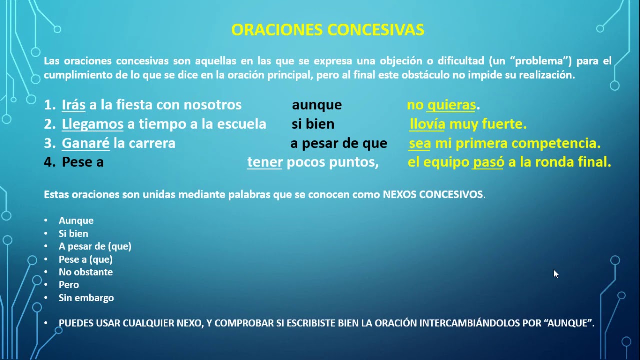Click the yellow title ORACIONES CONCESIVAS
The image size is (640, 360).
[328, 30]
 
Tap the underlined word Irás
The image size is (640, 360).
[73, 105]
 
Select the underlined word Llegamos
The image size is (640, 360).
[92, 124]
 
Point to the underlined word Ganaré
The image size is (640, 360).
[85, 143]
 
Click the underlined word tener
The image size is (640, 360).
[265, 162]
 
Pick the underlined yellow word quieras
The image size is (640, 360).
[451, 105]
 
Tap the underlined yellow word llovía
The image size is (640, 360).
[427, 124]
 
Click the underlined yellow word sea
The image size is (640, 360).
[420, 143]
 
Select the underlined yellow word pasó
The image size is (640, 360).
[488, 162]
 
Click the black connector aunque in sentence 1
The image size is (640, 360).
[317, 105]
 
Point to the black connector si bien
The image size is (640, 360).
[313, 124]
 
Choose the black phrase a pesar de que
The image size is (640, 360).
[339, 143]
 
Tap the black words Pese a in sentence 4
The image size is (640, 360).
[83, 162]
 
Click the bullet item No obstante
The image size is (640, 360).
[86, 272]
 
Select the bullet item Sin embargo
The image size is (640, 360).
[86, 298]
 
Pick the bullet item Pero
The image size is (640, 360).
[69, 285]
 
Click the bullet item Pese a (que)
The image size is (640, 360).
[86, 259]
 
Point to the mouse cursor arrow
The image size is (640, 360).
[556, 274]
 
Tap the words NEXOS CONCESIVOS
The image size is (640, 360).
[433, 195]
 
